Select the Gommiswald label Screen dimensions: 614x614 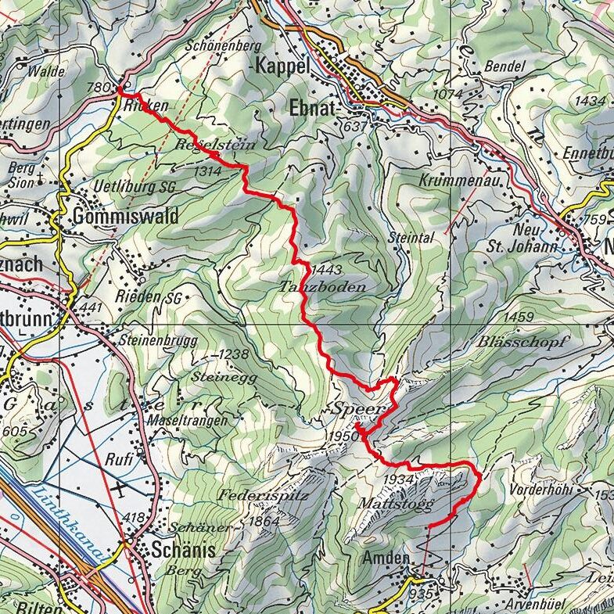(124, 215)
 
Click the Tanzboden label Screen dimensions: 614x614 (321, 287)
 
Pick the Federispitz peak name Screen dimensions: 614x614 (264, 495)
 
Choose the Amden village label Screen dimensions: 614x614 (386, 558)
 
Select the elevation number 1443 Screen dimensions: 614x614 (326, 269)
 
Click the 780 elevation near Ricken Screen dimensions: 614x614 (102, 87)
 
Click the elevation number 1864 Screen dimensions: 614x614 (264, 521)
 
